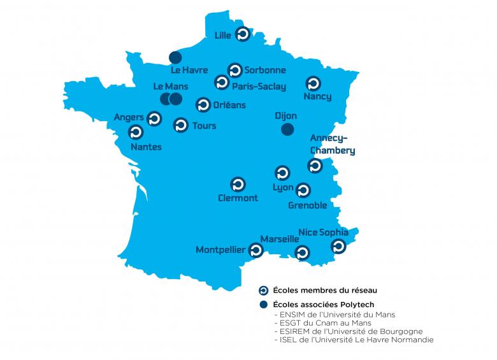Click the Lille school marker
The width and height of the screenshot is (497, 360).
242,34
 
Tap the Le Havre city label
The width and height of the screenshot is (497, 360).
190,70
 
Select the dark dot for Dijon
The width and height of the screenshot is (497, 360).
287,130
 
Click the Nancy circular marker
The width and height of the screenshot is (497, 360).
313,83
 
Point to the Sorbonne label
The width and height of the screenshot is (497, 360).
265,70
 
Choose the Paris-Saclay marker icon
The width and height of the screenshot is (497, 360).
221,82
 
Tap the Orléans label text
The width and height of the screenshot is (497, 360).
230,105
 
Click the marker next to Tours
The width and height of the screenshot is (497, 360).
181,125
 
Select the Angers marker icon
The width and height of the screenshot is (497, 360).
154,119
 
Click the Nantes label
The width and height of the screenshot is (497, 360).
146,147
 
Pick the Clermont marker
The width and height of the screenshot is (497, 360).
237,184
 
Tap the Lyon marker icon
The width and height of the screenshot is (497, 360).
282,173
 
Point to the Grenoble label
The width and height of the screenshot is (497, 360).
307,205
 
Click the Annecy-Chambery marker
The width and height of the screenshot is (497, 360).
315,166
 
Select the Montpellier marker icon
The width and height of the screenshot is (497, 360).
256,250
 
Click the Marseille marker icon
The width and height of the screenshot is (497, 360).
302,252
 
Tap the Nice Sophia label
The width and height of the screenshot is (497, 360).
323,232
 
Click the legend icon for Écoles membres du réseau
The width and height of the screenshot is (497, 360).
263,291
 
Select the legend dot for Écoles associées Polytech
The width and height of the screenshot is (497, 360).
263,304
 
